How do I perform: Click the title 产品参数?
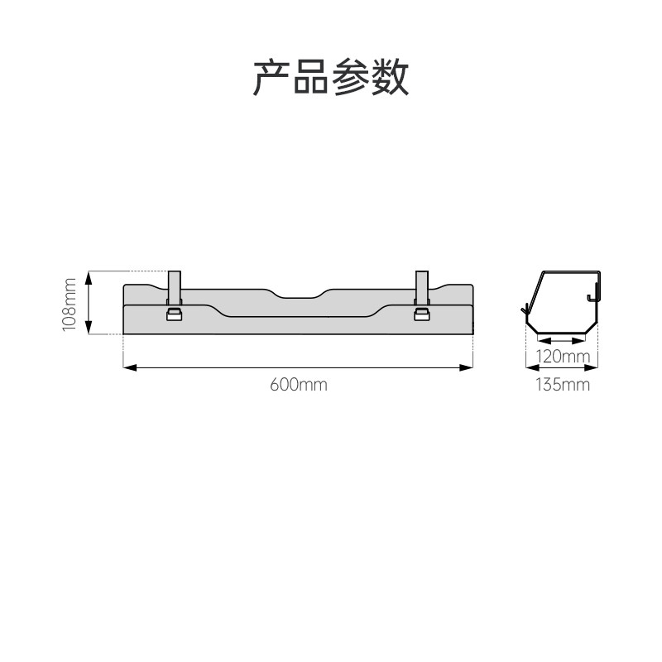click(x=331, y=77)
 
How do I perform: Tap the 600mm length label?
click(x=298, y=385)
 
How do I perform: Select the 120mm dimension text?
click(x=563, y=357)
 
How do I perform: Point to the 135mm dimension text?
click(x=563, y=385)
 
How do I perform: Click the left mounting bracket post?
click(x=175, y=286)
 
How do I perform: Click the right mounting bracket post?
click(x=422, y=286)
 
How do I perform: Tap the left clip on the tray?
click(x=175, y=314)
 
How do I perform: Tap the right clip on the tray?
click(x=422, y=314)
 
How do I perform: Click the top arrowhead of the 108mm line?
click(x=89, y=276)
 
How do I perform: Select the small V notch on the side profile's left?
click(x=525, y=311)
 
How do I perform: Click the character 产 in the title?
click(x=271, y=77)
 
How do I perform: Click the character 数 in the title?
click(x=391, y=77)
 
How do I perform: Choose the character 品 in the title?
click(x=311, y=77)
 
